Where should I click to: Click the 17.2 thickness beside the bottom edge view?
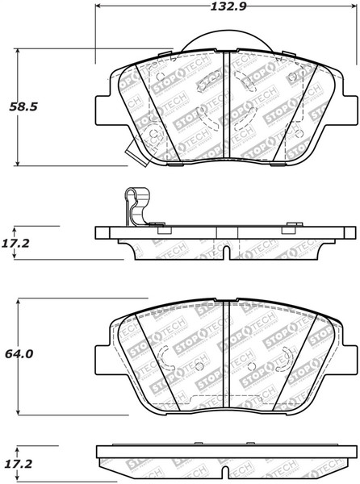point(21,466)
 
